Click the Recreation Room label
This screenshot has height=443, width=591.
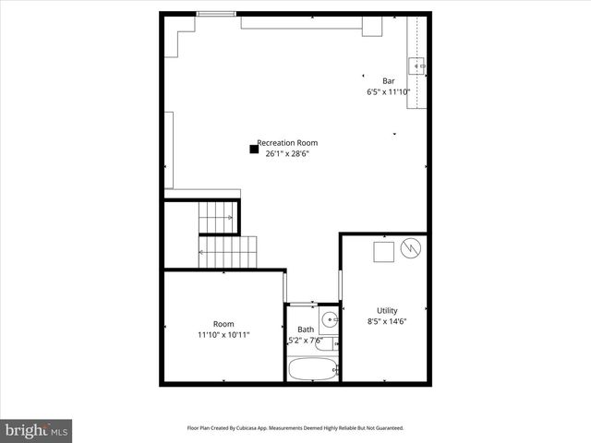tap(287, 143)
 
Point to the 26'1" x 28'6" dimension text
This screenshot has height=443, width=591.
tap(287, 154)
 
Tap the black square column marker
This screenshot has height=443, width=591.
tap(254, 148)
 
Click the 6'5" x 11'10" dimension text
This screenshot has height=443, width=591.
tap(389, 91)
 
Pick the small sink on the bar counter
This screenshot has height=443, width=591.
tap(417, 65)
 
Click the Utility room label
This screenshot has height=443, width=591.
tap(387, 310)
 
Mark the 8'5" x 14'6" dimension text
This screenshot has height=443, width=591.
tap(387, 321)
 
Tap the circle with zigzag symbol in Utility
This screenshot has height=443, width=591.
tap(412, 247)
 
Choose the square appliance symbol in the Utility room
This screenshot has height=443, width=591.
tap(383, 250)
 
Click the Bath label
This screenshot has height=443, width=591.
tap(305, 329)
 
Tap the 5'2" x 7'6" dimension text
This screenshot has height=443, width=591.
tap(306, 341)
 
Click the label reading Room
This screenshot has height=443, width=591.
tap(223, 324)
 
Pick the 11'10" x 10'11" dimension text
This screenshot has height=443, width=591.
tap(223, 335)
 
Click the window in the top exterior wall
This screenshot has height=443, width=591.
tap(215, 14)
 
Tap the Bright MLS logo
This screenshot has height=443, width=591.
tap(37, 430)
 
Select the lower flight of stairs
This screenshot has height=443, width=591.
tap(227, 251)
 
